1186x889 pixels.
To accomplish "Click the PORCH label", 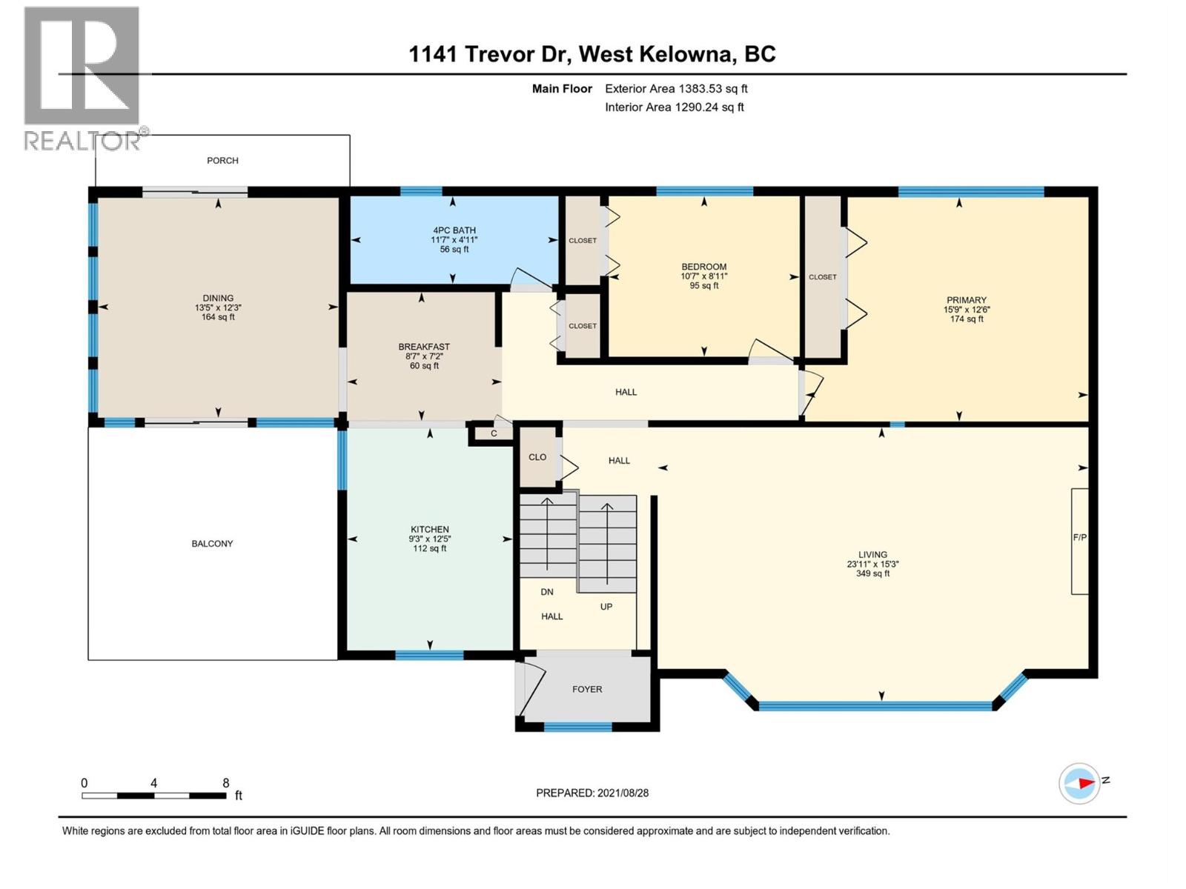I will [x=222, y=160].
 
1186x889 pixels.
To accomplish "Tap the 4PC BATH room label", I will [x=454, y=230].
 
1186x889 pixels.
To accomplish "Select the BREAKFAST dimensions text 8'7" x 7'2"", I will [x=424, y=356].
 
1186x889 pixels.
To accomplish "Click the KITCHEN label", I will [x=430, y=530].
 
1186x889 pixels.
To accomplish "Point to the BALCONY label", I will [x=212, y=544].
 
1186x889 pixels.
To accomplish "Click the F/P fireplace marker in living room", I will [x=1079, y=538].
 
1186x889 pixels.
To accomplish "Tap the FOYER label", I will [x=587, y=689].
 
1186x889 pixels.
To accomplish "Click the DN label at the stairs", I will [x=547, y=592].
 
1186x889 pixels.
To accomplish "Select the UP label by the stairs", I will [x=606, y=607].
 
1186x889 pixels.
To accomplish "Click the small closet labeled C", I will [x=494, y=434].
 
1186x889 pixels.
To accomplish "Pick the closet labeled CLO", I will [x=537, y=457].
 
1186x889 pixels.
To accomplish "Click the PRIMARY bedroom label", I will [x=967, y=300].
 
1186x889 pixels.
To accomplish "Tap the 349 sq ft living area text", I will [x=872, y=573].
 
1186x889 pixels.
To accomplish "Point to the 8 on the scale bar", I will [x=226, y=783].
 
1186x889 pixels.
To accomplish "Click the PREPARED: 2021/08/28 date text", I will [x=592, y=793].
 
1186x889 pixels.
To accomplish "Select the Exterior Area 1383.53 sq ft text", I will [x=676, y=89].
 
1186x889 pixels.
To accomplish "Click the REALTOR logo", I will [x=82, y=78].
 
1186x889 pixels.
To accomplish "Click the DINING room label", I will [x=218, y=298].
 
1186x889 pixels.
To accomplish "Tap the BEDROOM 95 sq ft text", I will [x=704, y=286].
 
